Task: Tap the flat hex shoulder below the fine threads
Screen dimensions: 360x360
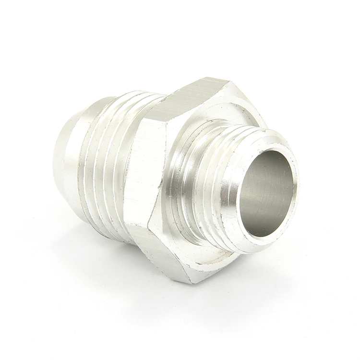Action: pyautogui.click(x=211, y=262)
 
